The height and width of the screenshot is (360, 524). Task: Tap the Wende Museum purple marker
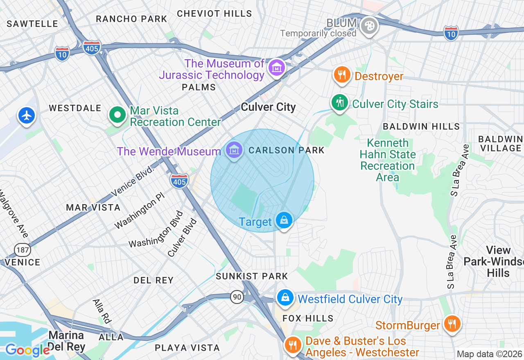(234, 150)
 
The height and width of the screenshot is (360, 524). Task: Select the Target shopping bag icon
(284, 220)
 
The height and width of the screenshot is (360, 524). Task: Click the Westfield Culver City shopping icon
(285, 297)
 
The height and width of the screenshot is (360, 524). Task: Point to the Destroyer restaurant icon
(341, 75)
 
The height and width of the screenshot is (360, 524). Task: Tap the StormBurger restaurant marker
(452, 324)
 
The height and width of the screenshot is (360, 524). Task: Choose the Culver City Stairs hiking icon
(339, 102)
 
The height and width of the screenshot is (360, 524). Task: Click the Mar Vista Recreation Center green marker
(117, 115)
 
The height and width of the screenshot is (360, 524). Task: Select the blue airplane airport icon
(27, 115)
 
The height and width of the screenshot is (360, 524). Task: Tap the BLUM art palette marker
(369, 26)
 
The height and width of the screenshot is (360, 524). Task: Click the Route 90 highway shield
(237, 297)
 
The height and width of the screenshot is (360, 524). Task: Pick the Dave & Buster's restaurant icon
(293, 345)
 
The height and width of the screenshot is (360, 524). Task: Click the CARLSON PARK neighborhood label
(286, 150)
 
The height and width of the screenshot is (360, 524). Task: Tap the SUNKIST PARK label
(252, 276)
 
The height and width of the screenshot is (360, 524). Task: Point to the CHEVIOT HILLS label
(215, 13)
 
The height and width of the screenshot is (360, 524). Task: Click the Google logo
(27, 350)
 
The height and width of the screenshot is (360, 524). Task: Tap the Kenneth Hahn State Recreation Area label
(387, 160)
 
